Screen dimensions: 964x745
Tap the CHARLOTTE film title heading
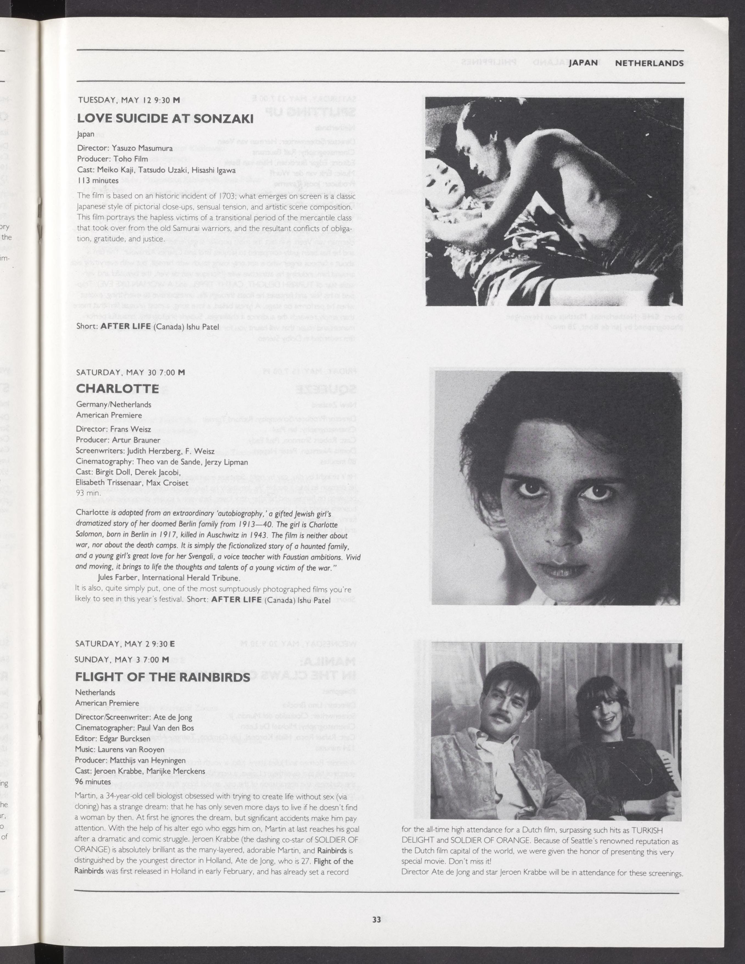[117, 388]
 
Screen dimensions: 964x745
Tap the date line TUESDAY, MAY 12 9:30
[129, 100]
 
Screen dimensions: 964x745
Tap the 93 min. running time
[88, 493]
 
